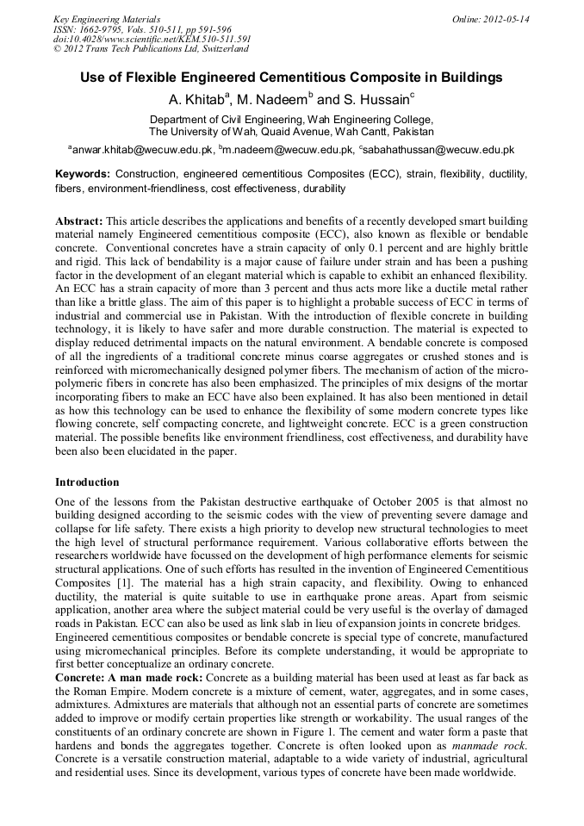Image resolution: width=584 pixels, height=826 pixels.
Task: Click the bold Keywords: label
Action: pos(83,174)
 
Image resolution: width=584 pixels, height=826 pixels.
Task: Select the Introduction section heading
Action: pos(87,482)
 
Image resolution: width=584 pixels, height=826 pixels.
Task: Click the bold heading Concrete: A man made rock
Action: pos(135,678)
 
